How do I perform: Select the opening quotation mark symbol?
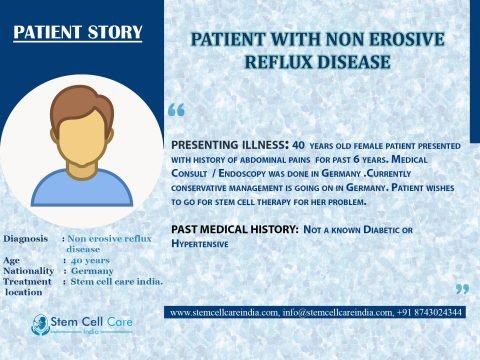[177, 108]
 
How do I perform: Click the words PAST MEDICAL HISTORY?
[232, 230]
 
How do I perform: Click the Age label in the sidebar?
[13, 260]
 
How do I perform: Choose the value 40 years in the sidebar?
[91, 260]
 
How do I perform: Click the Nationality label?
[30, 271]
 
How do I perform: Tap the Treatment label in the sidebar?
[27, 282]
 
